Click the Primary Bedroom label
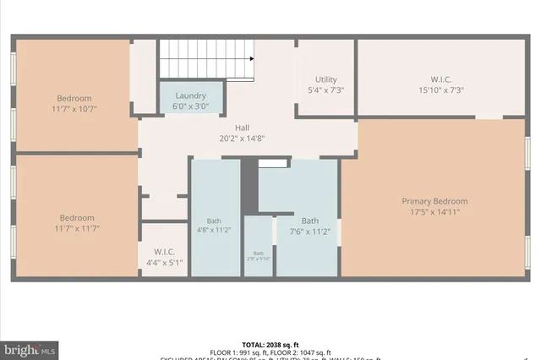click(434, 201)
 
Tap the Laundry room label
click(190, 96)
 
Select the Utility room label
click(325, 78)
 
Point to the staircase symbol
click(208, 60)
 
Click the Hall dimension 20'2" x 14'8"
click(242, 139)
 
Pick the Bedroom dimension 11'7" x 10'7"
click(74, 108)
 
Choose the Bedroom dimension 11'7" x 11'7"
click(74, 227)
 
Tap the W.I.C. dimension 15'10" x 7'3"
click(441, 90)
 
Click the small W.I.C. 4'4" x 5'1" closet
click(164, 256)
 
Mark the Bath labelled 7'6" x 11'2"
click(310, 227)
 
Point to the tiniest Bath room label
click(259, 254)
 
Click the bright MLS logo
click(30, 347)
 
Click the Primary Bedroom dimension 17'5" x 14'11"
click(434, 211)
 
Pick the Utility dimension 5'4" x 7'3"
click(325, 90)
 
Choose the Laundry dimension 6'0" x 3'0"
click(190, 106)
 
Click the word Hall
click(242, 128)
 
